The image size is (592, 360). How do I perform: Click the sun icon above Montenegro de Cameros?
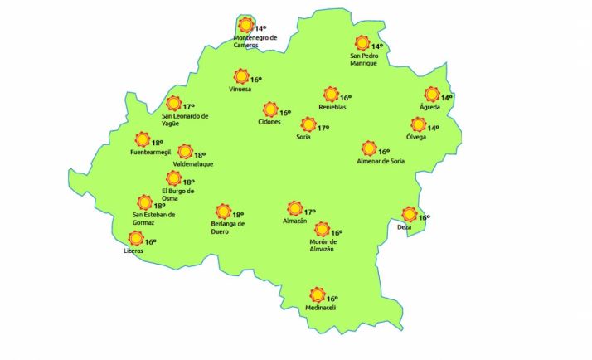pyautogui.click(x=245, y=26)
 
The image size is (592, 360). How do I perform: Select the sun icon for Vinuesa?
pyautogui.click(x=241, y=76)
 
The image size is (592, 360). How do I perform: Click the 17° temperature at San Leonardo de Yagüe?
pyautogui.click(x=188, y=107)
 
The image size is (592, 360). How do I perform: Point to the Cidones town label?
pyautogui.click(x=269, y=123)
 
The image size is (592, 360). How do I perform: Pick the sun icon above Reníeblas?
pyautogui.click(x=331, y=95)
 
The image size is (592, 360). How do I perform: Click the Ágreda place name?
pyautogui.click(x=429, y=108)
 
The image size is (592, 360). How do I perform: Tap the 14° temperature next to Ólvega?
pyautogui.click(x=432, y=128)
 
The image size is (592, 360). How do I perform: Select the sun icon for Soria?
pyautogui.click(x=308, y=124)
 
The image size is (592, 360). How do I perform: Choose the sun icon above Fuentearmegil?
pyautogui.click(x=143, y=139)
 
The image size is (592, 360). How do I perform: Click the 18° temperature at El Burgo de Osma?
pyautogui.click(x=188, y=182)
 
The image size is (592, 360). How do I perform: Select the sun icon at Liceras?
pyautogui.click(x=136, y=239)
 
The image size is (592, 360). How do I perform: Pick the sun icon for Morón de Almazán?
pyautogui.click(x=323, y=230)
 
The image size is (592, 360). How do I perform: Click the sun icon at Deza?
pyautogui.click(x=409, y=214)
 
